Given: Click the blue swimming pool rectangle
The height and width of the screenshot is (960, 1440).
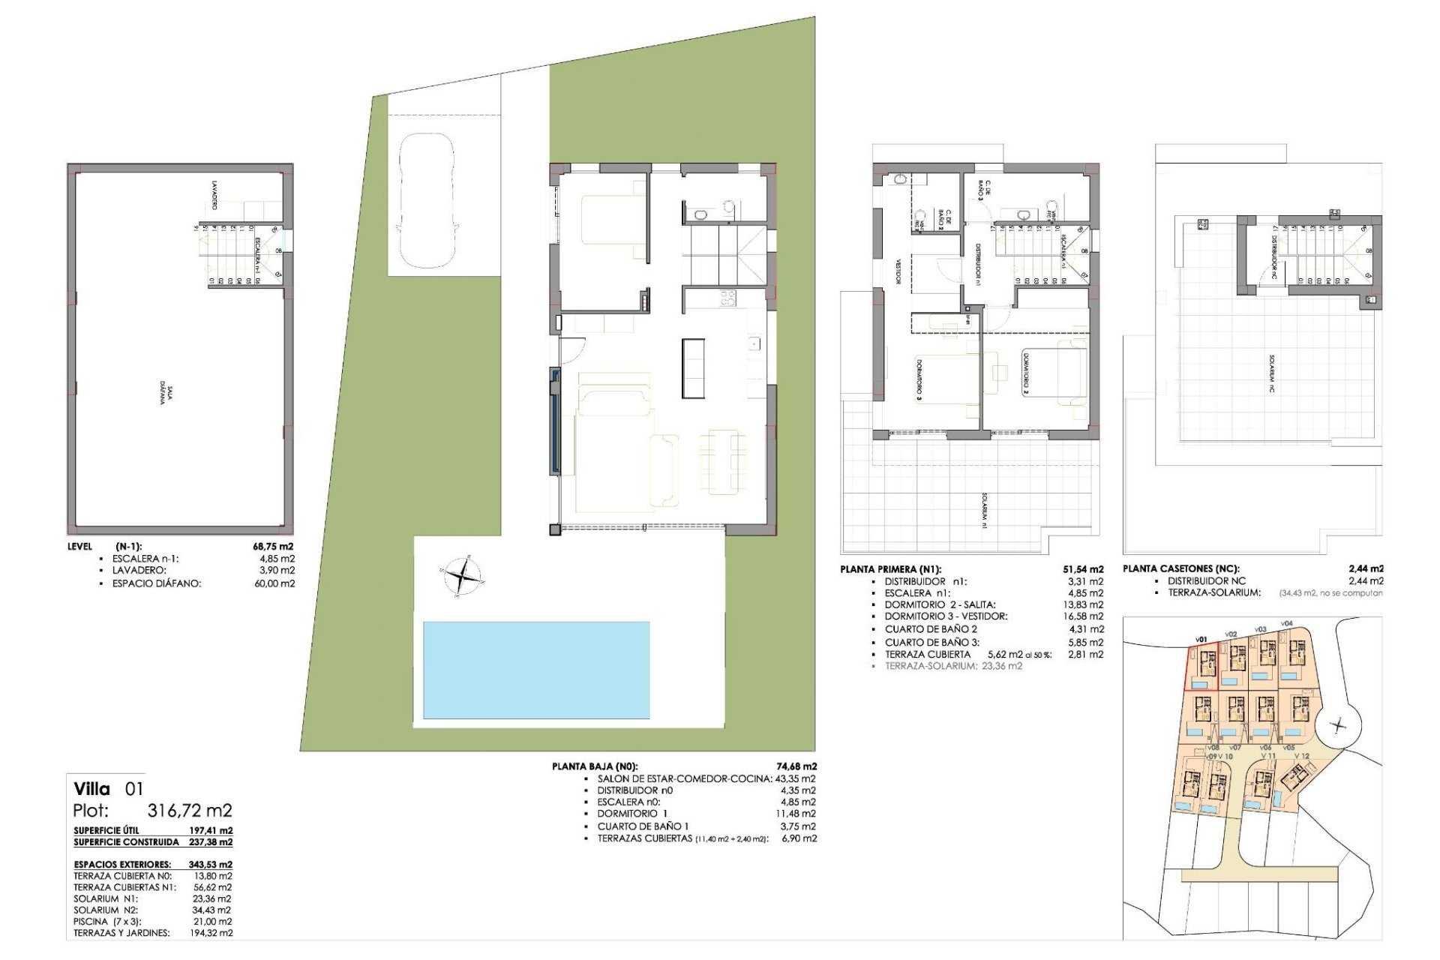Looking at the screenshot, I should tap(536, 670).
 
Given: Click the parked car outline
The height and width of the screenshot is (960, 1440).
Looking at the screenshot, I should tap(426, 201).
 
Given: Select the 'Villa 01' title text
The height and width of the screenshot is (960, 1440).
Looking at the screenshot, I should tap(108, 788).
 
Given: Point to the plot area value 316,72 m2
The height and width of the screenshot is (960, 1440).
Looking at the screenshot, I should tap(190, 811).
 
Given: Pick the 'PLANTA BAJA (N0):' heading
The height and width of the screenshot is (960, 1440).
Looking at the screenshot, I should tap(595, 766).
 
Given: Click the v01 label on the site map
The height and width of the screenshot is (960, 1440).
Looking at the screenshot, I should tap(1201, 640).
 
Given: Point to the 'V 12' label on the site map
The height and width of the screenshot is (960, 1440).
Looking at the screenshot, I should tap(1300, 756).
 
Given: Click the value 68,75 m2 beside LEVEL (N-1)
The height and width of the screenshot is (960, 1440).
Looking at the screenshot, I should tap(273, 547).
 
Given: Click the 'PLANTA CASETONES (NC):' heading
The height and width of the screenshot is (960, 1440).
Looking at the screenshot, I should tap(1180, 568).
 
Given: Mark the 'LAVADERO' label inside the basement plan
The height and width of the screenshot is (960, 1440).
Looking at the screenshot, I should tap(215, 194).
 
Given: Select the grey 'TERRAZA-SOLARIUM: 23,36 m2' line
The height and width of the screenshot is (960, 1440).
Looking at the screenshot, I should tap(952, 666).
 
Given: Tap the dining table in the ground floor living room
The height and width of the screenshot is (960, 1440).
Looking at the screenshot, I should tap(722, 461).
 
